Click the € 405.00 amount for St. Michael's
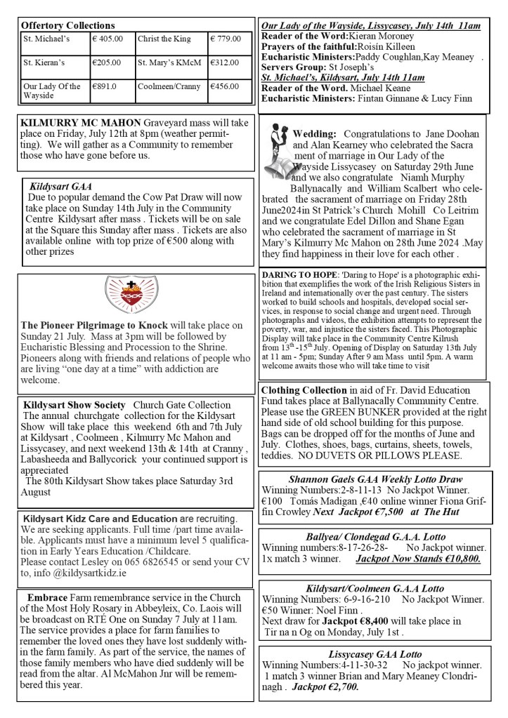108,39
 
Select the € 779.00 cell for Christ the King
226,39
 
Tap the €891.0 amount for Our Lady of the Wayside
105,86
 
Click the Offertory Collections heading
68,25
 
